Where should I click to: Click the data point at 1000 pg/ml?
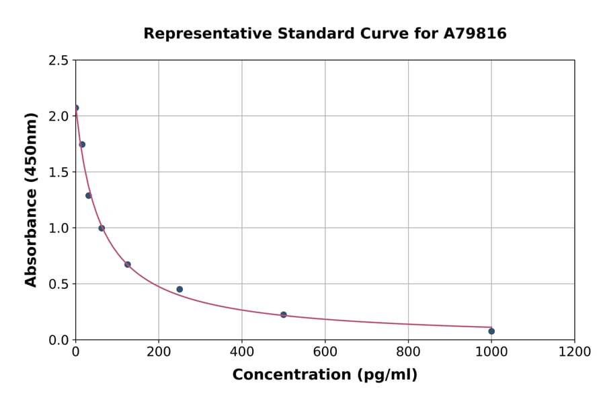pos(491,331)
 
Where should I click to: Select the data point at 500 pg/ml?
pos(284,314)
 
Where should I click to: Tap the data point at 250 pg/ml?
pos(179,290)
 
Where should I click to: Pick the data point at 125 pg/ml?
pos(128,265)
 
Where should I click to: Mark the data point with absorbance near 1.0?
pos(102,228)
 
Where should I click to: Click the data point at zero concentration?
pos(76,108)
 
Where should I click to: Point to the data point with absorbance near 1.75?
pos(82,145)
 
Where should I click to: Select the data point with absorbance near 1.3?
pos(89,196)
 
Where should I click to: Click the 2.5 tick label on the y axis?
pos(58,61)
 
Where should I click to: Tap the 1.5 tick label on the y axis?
pos(58,172)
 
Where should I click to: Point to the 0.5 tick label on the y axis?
pos(58,284)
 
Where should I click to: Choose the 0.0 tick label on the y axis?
pos(58,340)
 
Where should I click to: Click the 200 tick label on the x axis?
pos(159,352)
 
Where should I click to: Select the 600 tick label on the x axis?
pos(325,352)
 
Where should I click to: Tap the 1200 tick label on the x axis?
pos(575,352)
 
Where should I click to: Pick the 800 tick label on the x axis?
pos(408,352)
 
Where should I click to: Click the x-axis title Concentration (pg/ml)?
pos(325,375)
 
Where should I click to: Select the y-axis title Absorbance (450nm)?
pos(31,199)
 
